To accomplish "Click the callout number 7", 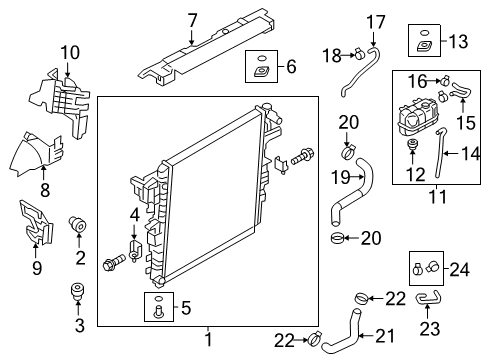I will click(192, 19).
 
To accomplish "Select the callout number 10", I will click(68, 52).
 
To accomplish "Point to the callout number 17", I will click(375, 21).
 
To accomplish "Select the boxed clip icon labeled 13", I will click(424, 42).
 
